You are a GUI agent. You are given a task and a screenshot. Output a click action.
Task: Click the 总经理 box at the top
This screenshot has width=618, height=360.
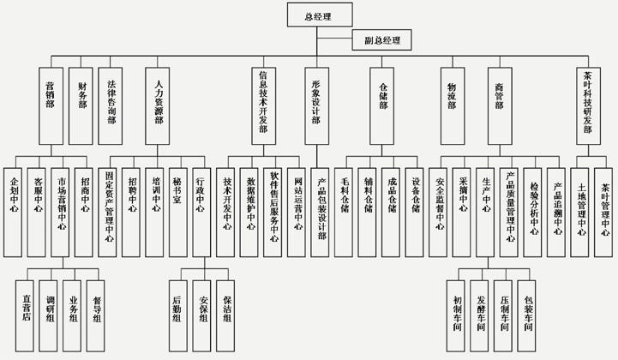[317, 15]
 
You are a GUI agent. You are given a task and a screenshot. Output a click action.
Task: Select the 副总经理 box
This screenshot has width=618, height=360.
[381, 39]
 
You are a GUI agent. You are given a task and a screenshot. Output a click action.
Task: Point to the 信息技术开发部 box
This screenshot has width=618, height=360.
[265, 107]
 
